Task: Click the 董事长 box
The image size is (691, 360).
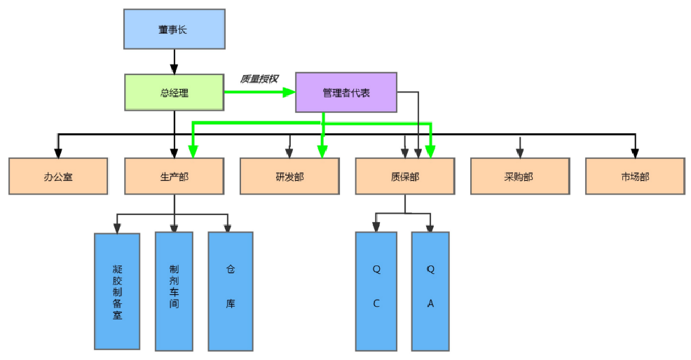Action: tap(175, 29)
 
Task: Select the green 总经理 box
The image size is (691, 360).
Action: tap(175, 92)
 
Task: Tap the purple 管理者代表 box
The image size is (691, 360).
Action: tap(346, 92)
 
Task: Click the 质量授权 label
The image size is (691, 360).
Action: tap(259, 79)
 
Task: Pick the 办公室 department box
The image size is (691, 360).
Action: tap(58, 176)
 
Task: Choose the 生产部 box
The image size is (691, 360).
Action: tap(175, 176)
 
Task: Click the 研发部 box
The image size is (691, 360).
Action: tap(289, 176)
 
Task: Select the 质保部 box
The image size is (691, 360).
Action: tap(404, 176)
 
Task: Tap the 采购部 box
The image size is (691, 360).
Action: tap(519, 176)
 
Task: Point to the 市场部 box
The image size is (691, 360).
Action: tap(635, 176)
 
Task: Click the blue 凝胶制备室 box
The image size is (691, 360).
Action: tap(117, 291)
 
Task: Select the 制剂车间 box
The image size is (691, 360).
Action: tap(174, 291)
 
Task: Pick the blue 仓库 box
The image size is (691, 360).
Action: tap(231, 291)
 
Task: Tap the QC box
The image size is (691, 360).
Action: tap(376, 291)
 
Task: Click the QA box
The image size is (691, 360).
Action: tap(430, 291)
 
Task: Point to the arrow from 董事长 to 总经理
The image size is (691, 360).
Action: tap(175, 62)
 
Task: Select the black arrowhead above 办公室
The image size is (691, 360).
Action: tap(58, 152)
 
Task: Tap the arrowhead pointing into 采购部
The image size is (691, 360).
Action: tap(519, 152)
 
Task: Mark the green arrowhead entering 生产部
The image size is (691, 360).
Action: tap(192, 151)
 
